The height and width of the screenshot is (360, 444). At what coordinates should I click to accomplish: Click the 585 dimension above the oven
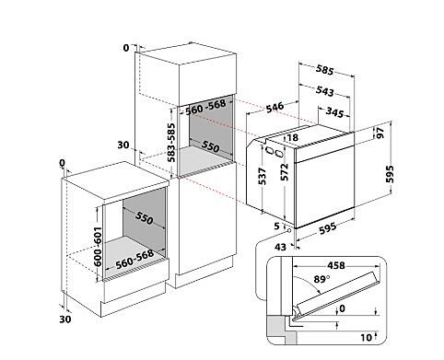pos(324,70)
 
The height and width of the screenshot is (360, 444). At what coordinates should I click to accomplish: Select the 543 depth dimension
pos(325,91)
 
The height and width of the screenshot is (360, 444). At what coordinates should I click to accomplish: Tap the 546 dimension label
pos(275,107)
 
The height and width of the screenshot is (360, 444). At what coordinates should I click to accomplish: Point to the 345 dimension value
pos(334,112)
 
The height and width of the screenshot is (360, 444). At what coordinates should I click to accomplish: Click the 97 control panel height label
pos(380,133)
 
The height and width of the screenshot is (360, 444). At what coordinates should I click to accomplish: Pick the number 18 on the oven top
pos(293,137)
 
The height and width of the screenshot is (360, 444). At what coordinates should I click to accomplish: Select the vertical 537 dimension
pos(263,176)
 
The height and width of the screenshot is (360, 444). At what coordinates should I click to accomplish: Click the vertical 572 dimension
pos(285,172)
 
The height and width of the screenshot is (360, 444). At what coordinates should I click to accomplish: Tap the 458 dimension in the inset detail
pos(336,265)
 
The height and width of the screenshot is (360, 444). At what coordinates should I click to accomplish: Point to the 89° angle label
pos(321,279)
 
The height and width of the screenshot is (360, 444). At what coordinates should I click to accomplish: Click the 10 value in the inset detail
pos(366,338)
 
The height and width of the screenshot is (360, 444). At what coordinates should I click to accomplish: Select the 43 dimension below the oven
pos(280,247)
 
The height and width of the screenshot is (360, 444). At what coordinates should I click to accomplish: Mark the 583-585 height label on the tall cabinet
pos(171,143)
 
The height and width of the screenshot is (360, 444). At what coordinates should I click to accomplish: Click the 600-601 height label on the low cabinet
pos(98,247)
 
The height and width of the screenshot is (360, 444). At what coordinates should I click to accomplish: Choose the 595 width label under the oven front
pos(328,228)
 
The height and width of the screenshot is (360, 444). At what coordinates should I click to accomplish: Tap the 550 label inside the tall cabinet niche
pos(210,146)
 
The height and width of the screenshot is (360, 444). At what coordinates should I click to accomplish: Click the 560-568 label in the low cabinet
pos(134,260)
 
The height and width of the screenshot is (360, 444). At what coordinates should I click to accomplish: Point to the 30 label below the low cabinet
pos(65,319)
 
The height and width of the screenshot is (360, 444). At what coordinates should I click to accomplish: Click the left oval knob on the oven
pos(269,150)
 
